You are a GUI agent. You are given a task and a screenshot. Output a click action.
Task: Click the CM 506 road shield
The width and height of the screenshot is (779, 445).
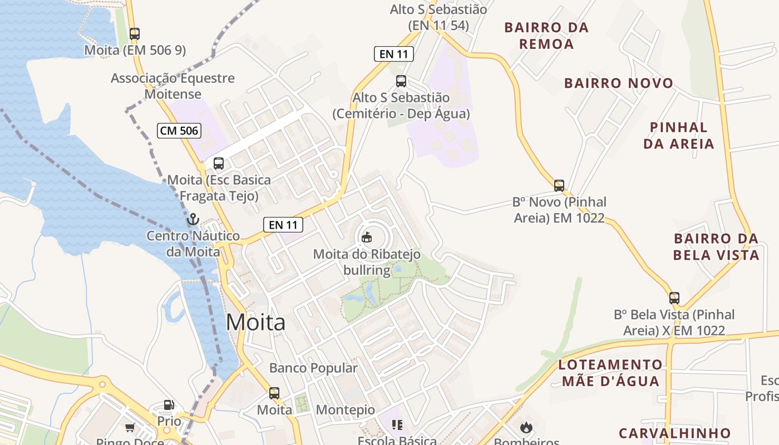coord(179,131)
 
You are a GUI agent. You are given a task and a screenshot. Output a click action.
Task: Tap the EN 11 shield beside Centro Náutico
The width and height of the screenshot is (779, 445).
coord(283,225)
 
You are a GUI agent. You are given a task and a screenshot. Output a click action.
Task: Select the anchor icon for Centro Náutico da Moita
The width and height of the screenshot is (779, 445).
coord(193,219)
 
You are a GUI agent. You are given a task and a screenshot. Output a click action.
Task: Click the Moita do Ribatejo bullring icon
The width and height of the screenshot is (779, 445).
coord(366,238)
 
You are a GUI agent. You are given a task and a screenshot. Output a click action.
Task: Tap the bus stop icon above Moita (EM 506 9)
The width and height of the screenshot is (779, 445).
coord(135,33)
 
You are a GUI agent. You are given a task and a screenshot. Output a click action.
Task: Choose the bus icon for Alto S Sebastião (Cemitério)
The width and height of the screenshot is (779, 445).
coord(401,81)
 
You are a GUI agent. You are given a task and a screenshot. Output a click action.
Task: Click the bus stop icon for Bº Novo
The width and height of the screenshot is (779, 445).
coord(559,185)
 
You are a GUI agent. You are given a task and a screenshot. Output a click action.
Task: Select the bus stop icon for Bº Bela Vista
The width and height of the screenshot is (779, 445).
coord(674,298)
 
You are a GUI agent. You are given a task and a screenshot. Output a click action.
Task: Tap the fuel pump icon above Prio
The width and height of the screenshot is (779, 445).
coord(169,405)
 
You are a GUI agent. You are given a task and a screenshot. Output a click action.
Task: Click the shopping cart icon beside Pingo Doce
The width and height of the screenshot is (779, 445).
coord(130,427)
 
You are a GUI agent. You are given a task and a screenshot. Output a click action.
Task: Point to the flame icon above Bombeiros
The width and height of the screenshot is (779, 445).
coord(525,427)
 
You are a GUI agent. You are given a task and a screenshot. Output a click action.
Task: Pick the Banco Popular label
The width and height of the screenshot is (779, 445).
coord(313,368)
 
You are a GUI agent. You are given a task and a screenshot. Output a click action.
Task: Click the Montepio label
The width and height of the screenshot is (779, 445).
coord(346,410)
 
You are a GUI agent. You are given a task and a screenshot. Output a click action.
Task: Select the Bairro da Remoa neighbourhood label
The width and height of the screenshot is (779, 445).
coord(546,36)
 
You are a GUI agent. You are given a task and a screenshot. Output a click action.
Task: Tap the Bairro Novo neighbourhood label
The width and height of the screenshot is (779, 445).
coord(619,83)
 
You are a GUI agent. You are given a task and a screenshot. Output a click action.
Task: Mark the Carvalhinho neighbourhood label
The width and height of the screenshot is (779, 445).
coord(674,433)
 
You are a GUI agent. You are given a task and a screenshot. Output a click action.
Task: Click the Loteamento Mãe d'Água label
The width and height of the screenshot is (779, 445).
coord(610,373)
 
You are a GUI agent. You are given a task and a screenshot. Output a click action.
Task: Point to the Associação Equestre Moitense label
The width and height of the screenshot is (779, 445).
coord(172,86)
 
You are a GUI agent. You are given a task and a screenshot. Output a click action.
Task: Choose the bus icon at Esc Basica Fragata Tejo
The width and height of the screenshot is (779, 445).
coord(219,164)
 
